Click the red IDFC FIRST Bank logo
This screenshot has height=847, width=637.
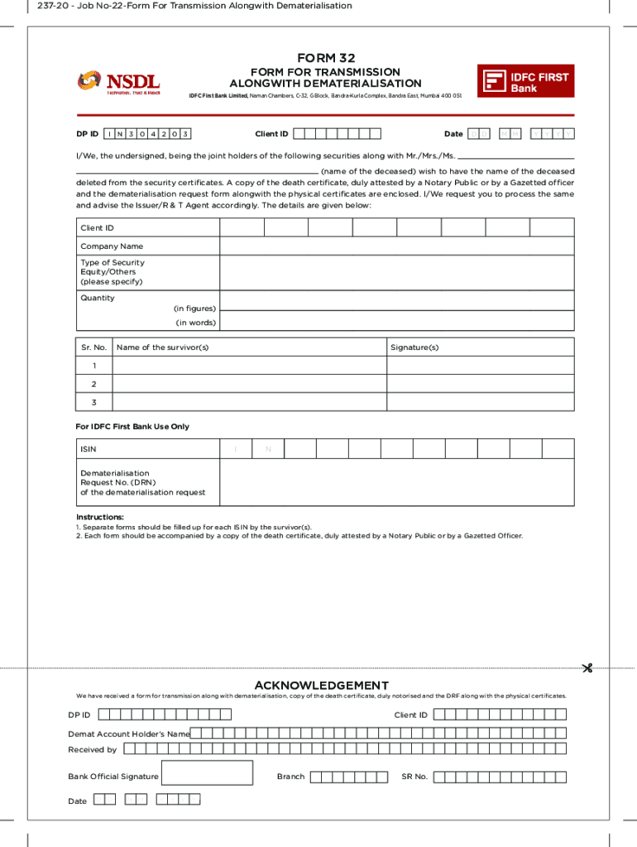(x=525, y=81)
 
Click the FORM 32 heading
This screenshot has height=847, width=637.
(x=325, y=58)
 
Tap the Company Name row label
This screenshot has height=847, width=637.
(x=112, y=246)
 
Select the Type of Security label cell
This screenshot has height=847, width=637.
(x=113, y=272)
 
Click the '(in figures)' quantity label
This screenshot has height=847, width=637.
(x=194, y=309)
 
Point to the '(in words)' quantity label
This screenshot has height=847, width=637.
(x=195, y=323)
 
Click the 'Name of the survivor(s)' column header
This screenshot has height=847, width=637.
(x=163, y=347)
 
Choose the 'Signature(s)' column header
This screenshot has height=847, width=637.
(x=414, y=347)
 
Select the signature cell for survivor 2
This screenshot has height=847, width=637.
(x=480, y=384)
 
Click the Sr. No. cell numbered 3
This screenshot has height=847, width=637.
(x=94, y=403)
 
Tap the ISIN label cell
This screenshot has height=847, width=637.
(x=89, y=449)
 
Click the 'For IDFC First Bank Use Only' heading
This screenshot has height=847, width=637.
(x=132, y=427)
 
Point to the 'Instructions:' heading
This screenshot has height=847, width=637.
(x=100, y=517)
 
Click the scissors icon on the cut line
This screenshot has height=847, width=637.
(x=587, y=668)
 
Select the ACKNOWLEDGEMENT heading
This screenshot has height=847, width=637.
(x=321, y=686)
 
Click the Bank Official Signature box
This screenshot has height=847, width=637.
(x=208, y=773)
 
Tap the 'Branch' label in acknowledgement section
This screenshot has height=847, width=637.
(x=290, y=777)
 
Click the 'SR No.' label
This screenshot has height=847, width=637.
(x=414, y=777)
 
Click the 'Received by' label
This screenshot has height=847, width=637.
(x=92, y=749)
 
